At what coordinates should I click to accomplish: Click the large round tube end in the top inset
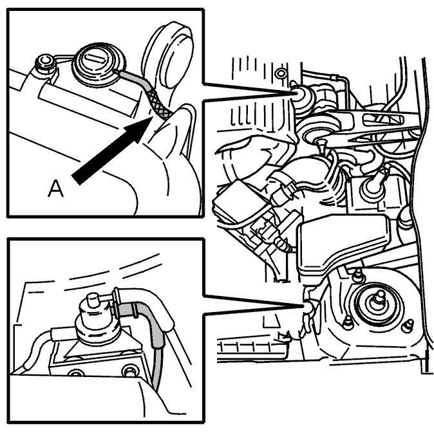[172, 55]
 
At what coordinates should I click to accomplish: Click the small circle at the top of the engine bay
[281, 73]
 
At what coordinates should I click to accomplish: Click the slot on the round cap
[94, 59]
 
